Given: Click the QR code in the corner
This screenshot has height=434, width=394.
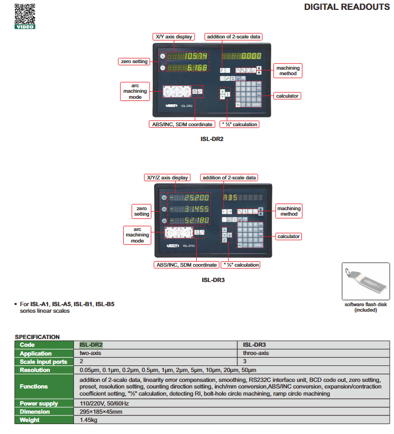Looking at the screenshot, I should tap(25, 13).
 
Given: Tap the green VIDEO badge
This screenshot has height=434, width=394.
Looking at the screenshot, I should tap(25, 26).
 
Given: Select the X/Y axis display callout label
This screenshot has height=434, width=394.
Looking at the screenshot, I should tap(174, 37).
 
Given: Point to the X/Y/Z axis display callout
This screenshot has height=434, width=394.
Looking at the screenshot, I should tap(167, 178).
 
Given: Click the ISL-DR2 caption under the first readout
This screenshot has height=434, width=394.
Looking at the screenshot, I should tap(212, 139).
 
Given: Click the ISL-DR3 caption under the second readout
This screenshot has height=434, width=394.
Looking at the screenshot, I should tap(213, 280).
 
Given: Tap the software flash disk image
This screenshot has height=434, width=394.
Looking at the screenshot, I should tap(366, 281).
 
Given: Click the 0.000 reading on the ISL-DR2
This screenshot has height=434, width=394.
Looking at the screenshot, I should tap(252, 56).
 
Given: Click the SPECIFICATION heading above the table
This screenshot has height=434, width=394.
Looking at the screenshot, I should tap(37, 337).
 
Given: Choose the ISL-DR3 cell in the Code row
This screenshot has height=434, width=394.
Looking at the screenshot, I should tap(255, 345).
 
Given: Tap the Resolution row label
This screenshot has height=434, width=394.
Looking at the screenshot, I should tap(36, 370).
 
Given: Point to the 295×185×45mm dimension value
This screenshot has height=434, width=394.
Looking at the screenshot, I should tap(101, 412).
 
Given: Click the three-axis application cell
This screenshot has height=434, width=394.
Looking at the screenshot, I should tap(256, 353).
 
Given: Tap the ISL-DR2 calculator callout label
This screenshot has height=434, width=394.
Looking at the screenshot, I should tap(287, 96).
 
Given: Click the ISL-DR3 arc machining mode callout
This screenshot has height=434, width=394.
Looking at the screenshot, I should tap(137, 235).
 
